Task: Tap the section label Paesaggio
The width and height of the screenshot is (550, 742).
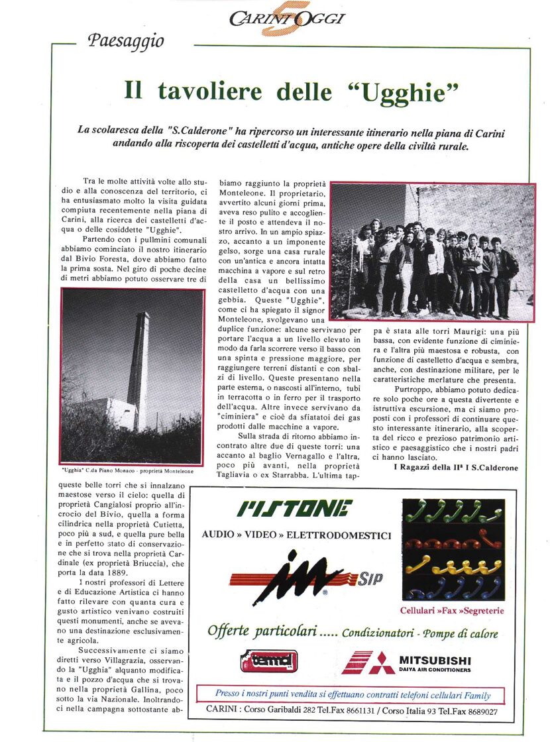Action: click(125, 41)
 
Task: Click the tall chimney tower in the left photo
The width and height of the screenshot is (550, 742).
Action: click(140, 371)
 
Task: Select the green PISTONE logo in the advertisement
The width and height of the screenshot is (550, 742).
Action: click(296, 509)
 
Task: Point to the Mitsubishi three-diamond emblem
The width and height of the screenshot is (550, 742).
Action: click(368, 663)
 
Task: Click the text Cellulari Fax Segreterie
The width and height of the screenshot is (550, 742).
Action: click(453, 609)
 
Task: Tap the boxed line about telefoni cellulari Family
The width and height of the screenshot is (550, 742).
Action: click(353, 695)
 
